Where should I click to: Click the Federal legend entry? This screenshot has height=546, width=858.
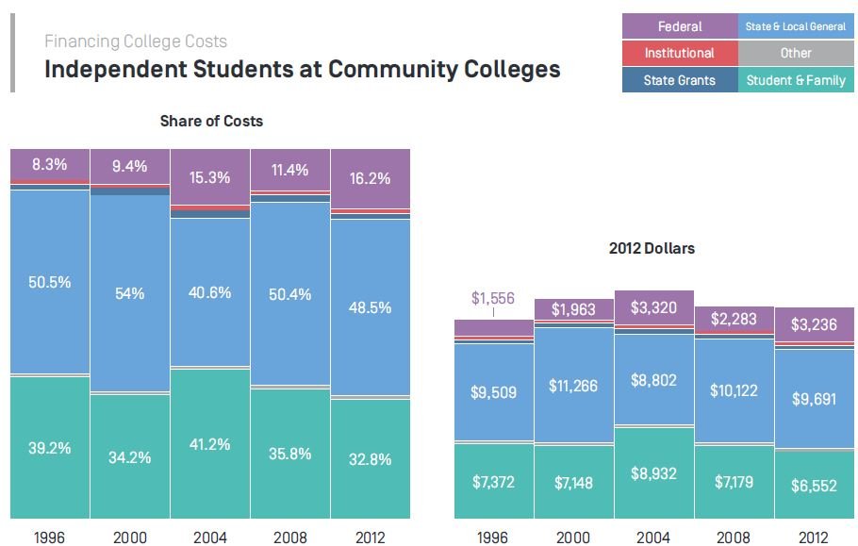[x=680, y=26]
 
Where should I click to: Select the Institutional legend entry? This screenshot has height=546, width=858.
[x=680, y=53]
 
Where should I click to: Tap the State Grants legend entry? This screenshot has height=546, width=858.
[x=680, y=80]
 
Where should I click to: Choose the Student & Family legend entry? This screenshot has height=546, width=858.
[x=796, y=80]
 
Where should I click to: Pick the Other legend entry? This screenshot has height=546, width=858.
[x=796, y=53]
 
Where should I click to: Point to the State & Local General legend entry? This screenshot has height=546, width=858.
[x=796, y=26]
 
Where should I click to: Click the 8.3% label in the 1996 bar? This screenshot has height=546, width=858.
[x=49, y=164]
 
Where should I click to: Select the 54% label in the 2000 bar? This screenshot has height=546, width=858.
[x=129, y=293]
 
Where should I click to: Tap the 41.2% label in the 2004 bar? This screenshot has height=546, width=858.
[x=209, y=444]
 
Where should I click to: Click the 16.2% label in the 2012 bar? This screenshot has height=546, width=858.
[x=370, y=177]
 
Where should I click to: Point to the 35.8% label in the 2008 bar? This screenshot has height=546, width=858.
[x=289, y=453]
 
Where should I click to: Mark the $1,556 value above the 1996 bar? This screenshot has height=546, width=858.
[x=492, y=298]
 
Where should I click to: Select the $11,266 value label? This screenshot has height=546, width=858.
[x=573, y=386]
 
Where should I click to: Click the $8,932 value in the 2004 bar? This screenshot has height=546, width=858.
[x=653, y=473]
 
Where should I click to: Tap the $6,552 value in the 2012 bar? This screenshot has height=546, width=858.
[x=814, y=486]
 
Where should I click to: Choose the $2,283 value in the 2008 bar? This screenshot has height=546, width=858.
[x=734, y=319]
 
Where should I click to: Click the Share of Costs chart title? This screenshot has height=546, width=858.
[x=211, y=121]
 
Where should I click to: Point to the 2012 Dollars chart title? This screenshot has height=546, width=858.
[x=653, y=249]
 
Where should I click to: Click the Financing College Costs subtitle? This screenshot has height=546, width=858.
[x=136, y=41]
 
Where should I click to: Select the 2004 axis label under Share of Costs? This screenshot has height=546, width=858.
[x=209, y=537]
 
